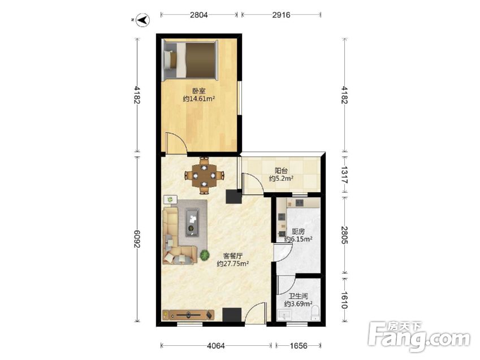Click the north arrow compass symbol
[142, 20]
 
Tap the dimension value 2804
[198, 15]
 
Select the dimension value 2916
[281, 15]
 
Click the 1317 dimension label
[345, 175]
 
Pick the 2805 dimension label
[345, 235]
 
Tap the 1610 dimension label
[345, 300]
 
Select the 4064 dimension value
[216, 346]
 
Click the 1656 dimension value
[299, 346]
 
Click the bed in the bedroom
[190, 59]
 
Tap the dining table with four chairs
[204, 176]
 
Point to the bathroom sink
[285, 315]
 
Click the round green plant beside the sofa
[204, 254]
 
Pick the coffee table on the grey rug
[192, 222]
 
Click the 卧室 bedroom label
[198, 91]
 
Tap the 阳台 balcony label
[281, 171]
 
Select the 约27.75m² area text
[233, 264]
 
